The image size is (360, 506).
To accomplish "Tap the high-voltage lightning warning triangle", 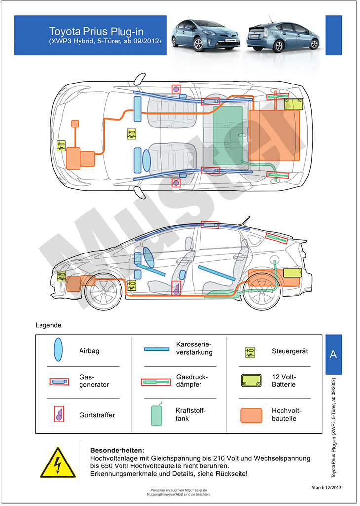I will [x=58, y=463].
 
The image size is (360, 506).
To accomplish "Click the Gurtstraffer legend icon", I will [x=58, y=414].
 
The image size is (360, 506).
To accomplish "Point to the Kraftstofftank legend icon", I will [x=157, y=414].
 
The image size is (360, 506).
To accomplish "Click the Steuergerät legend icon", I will [x=251, y=352].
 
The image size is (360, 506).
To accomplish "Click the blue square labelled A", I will [x=333, y=354].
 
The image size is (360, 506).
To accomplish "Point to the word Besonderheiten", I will [x=117, y=451].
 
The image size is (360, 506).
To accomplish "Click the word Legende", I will [x=48, y=326].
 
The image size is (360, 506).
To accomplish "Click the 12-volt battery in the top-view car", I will [x=294, y=104].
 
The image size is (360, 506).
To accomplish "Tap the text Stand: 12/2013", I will [x=326, y=487].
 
